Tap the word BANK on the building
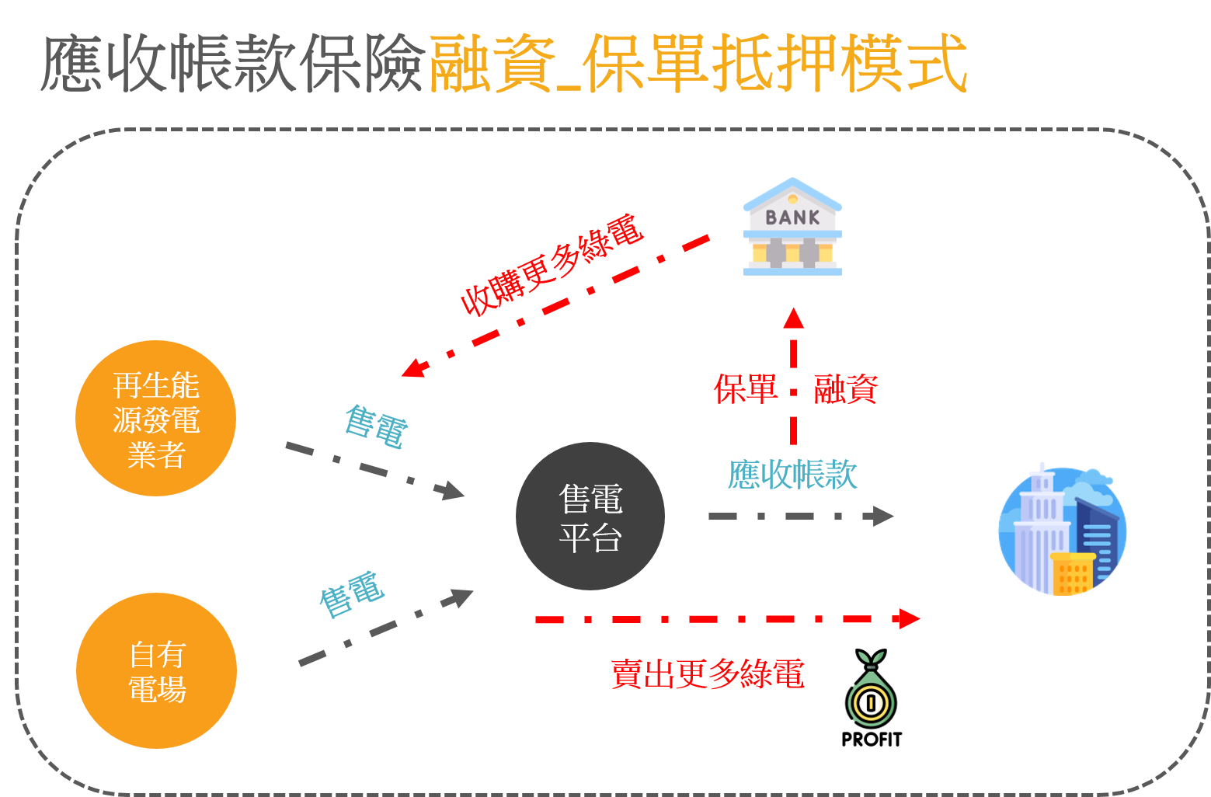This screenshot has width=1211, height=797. pyautogui.click(x=792, y=218)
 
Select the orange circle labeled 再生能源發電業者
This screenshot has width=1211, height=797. pyautogui.click(x=155, y=418)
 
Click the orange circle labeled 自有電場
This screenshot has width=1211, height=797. pyautogui.click(x=156, y=671)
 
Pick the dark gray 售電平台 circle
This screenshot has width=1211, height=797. pyautogui.click(x=590, y=517)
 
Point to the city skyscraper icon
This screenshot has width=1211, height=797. pyautogui.click(x=1062, y=531)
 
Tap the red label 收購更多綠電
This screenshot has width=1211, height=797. pyautogui.click(x=552, y=265)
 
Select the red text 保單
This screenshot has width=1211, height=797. pyautogui.click(x=746, y=389)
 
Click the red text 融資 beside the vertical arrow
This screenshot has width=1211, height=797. pyautogui.click(x=845, y=389)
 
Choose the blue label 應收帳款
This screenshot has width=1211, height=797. pyautogui.click(x=792, y=475)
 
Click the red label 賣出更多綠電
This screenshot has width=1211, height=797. pyautogui.click(x=707, y=673)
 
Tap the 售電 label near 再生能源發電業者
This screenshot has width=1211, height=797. pyautogui.click(x=376, y=426)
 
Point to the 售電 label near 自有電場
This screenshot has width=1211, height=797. pyautogui.click(x=352, y=594)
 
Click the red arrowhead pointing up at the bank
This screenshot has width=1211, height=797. pyautogui.click(x=793, y=318)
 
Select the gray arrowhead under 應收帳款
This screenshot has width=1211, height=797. pyautogui.click(x=882, y=516)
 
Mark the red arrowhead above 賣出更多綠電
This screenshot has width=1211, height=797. pyautogui.click(x=907, y=619)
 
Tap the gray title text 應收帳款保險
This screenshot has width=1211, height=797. pyautogui.click(x=233, y=64)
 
